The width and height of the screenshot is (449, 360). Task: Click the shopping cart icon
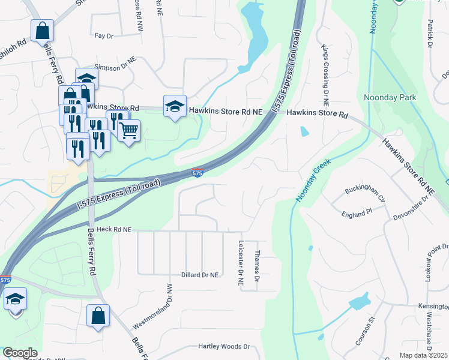tap(129, 130)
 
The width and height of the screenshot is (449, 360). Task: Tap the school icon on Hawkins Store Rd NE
tap(175, 106)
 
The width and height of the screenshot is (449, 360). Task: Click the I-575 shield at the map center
tap(198, 173)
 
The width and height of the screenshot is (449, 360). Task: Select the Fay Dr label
tap(104, 36)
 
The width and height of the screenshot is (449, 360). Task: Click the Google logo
tap(20, 353)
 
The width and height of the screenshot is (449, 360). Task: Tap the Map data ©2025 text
tap(423, 355)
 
